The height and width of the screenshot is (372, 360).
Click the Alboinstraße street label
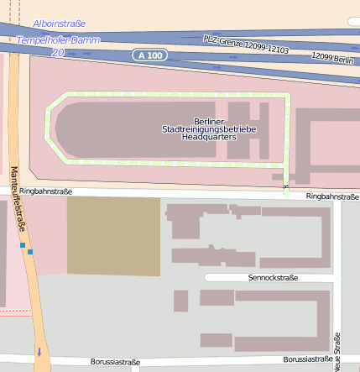coord(59,24)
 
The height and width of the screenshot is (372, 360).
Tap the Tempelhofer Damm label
coord(57,40)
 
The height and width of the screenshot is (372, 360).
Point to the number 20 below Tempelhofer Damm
coord(57,52)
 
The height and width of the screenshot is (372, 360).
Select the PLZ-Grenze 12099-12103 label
coord(246,45)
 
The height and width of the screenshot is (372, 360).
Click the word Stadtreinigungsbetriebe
coord(214,129)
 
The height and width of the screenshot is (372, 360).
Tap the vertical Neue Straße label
coord(337,351)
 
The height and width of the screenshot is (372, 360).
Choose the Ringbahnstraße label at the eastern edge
coord(332,196)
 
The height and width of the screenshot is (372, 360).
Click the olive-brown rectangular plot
coord(113,235)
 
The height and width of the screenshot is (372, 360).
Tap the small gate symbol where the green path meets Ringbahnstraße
coord(286,186)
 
